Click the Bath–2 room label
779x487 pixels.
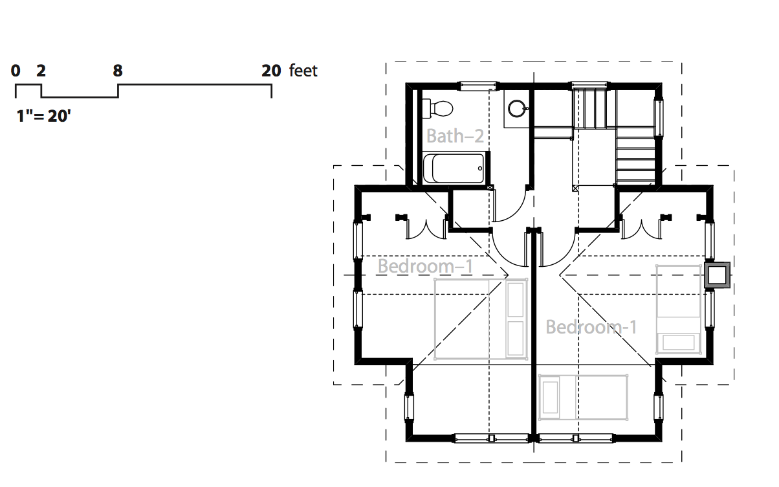tap(455, 136)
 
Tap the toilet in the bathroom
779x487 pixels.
tap(437, 108)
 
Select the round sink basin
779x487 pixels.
tap(518, 108)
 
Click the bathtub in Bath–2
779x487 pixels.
tap(454, 168)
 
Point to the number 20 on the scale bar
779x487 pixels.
tap(271, 71)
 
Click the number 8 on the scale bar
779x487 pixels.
tap(118, 71)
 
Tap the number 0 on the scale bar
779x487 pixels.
tap(16, 71)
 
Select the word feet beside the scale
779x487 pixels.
tap(303, 71)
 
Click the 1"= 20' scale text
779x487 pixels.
tap(43, 116)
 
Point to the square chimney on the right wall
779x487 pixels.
tap(717, 275)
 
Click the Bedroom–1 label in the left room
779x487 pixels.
tap(425, 266)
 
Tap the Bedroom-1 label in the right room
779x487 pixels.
tap(591, 327)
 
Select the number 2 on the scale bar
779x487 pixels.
tap(41, 71)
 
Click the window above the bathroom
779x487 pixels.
tap(478, 86)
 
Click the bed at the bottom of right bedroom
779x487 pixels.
tap(583, 397)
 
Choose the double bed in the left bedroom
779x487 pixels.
tap(481, 319)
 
